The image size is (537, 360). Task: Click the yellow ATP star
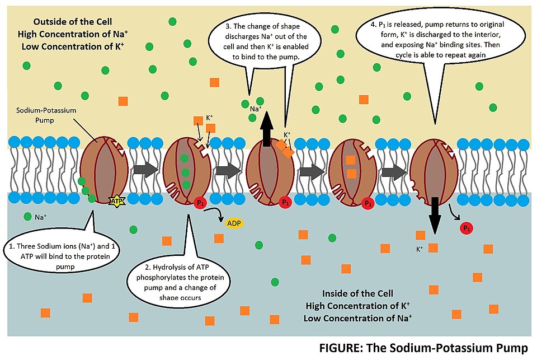click(x=117, y=200)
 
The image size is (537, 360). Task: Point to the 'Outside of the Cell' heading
click(x=72, y=22)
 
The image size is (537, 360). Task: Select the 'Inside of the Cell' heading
click(x=358, y=293)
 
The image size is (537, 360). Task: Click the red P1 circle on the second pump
click(x=199, y=203)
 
